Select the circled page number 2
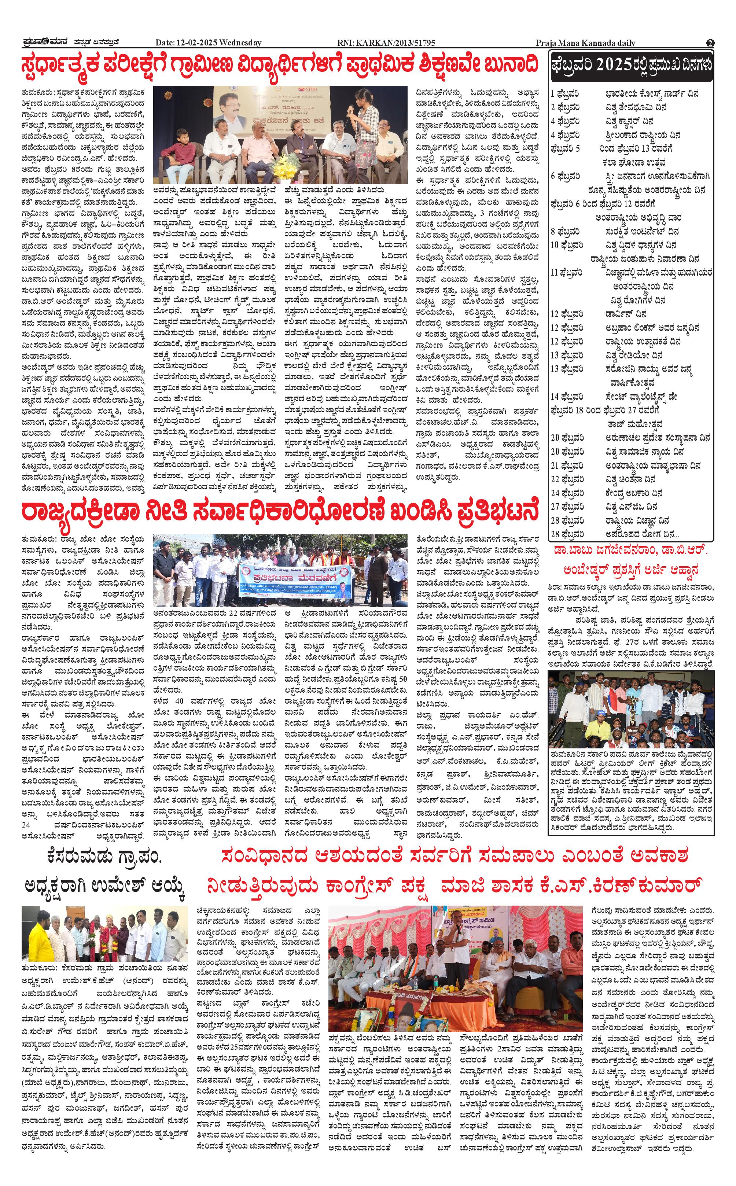click(x=710, y=43)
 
